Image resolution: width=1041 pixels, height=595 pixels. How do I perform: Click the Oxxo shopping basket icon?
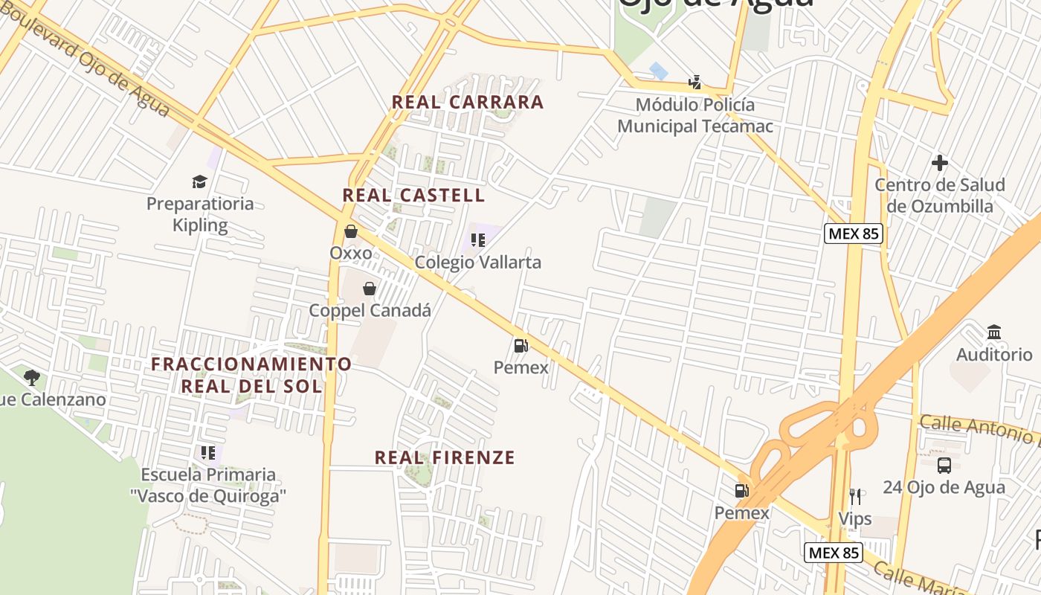(x=351, y=231)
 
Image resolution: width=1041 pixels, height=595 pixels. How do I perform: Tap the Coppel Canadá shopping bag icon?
(x=369, y=288)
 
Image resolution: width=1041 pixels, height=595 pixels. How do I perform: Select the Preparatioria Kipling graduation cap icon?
(x=199, y=181)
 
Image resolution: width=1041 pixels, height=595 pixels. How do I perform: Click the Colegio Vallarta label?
(x=477, y=263)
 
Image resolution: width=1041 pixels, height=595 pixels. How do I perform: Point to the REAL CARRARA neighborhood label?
(x=468, y=102)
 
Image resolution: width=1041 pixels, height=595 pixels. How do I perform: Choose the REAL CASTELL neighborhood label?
(x=413, y=196)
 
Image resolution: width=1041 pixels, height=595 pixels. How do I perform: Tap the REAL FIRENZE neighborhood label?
(x=445, y=457)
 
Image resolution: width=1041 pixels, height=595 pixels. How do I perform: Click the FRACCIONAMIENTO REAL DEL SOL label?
(x=251, y=375)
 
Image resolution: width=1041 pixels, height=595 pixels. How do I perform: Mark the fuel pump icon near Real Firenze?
(x=520, y=345)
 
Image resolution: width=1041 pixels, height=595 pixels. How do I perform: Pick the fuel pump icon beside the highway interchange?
(x=741, y=490)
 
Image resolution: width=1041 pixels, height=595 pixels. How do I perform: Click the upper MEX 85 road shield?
(x=854, y=234)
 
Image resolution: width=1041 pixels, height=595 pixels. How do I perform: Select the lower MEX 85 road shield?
(x=834, y=553)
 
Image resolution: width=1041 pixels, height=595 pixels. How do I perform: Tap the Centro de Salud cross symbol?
(x=940, y=162)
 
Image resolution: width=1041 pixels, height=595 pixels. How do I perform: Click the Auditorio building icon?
(x=994, y=332)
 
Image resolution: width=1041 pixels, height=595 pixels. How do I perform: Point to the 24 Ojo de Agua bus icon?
(x=944, y=466)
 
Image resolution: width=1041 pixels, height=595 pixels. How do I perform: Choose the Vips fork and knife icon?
(x=855, y=496)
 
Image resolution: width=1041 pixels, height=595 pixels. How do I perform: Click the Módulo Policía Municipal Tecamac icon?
(x=695, y=82)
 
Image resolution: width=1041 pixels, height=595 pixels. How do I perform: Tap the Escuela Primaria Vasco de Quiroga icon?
(x=207, y=452)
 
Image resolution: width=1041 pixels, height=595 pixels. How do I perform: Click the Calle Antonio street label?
(x=978, y=429)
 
